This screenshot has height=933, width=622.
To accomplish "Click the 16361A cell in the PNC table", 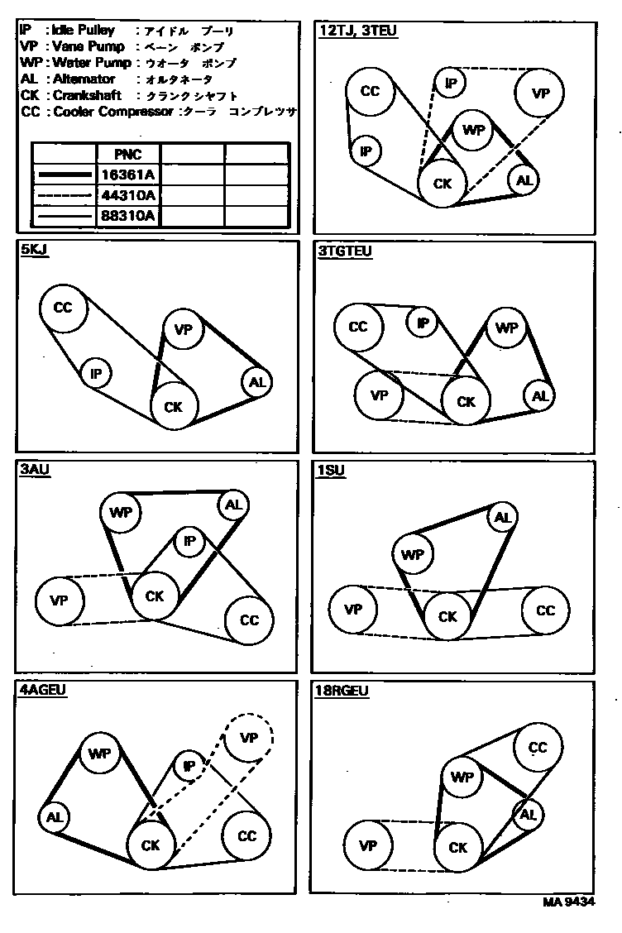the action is click(x=127, y=175).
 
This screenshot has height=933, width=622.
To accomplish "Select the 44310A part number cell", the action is click(x=127, y=195).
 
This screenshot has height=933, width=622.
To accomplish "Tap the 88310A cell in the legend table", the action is click(x=127, y=216).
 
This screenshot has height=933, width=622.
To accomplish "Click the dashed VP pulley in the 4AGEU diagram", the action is click(x=248, y=736).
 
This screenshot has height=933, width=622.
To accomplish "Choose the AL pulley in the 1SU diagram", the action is click(x=502, y=518).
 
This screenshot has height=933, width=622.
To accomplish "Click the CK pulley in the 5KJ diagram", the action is click(x=174, y=405).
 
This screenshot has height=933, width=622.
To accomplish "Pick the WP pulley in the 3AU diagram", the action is click(x=121, y=512).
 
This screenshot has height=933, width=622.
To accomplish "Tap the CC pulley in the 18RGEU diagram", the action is click(x=538, y=748).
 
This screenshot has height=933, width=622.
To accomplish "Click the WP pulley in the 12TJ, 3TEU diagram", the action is click(x=474, y=130).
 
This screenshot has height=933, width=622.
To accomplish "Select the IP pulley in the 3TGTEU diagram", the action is click(x=423, y=323).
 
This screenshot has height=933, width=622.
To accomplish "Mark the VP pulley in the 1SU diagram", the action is click(x=353, y=610).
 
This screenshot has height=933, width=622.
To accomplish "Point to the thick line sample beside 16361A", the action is click(x=64, y=175).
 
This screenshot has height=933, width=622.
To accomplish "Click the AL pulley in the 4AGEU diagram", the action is click(x=55, y=817).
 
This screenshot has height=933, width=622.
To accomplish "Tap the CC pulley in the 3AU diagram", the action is click(x=249, y=620).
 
